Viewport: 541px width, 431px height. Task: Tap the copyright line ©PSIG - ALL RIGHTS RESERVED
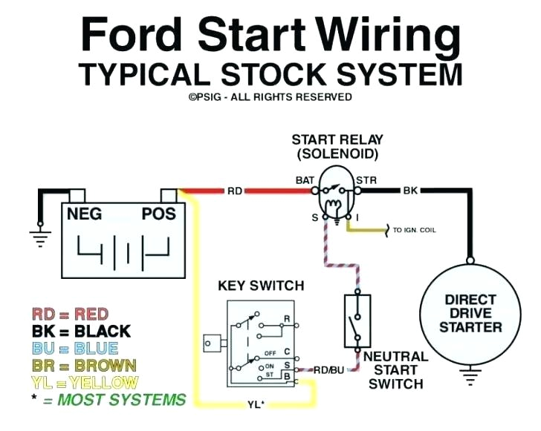click(270, 96)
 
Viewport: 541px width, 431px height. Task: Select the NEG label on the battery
click(85, 214)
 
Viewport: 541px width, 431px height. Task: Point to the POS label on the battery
click(158, 214)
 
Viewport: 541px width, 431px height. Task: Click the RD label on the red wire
click(235, 191)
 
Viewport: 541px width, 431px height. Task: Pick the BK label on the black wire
click(410, 191)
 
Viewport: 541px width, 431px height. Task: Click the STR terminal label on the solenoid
click(366, 180)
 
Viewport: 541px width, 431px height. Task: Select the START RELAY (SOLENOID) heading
click(337, 147)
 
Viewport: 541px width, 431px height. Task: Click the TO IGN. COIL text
click(414, 230)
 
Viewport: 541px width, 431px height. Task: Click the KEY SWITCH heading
click(261, 286)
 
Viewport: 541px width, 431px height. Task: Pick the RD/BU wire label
click(328, 368)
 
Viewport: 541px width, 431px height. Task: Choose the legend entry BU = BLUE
click(75, 349)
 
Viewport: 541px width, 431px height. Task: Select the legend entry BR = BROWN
click(84, 366)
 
